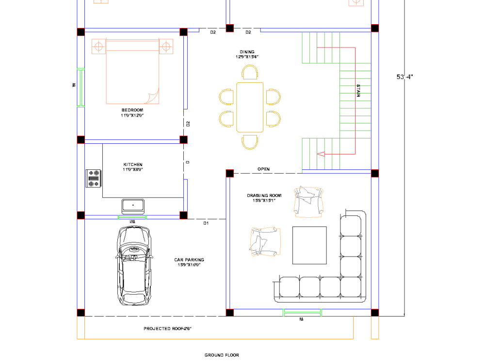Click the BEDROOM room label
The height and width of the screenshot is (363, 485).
tap(132, 110)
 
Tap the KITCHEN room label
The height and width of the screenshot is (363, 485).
tap(132, 165)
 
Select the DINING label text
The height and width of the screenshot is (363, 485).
tap(247, 52)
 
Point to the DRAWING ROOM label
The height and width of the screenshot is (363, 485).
tap(264, 196)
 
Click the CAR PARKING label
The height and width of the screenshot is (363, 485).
tap(189, 260)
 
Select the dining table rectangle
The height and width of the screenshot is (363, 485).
tap(250, 107)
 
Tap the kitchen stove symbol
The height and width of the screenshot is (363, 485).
tap(93, 178)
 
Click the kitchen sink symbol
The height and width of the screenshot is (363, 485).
tap(133, 206)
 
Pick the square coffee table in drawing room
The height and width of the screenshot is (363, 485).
tap(309, 245)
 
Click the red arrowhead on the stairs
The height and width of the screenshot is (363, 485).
tap(321, 154)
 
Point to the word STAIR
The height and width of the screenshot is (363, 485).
tap(358, 91)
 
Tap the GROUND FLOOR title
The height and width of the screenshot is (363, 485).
tap(222, 355)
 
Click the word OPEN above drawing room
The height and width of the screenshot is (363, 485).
tap(263, 169)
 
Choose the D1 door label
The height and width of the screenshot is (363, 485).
tap(206, 223)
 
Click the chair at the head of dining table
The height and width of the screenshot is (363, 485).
tap(250, 73)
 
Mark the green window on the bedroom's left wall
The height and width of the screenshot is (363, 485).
tap(81, 88)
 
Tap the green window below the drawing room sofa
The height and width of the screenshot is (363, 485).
tap(302, 313)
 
